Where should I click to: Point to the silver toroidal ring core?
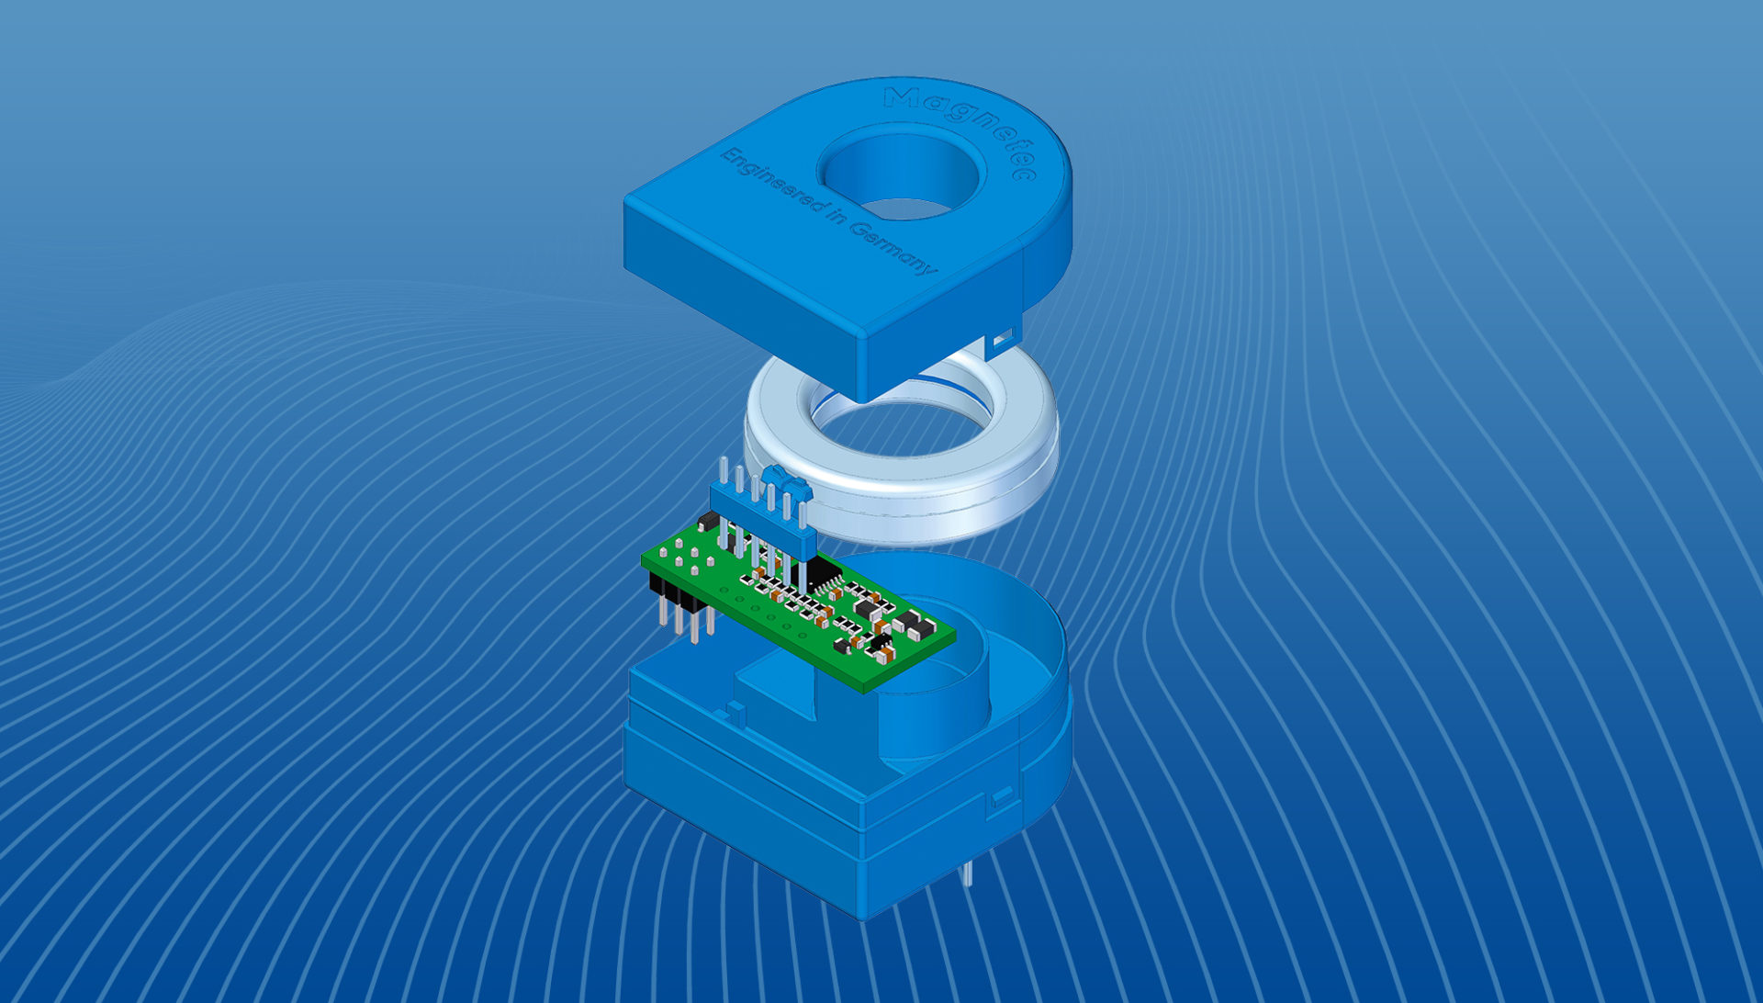pos(900,450)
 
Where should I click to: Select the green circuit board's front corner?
pos(868,691)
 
